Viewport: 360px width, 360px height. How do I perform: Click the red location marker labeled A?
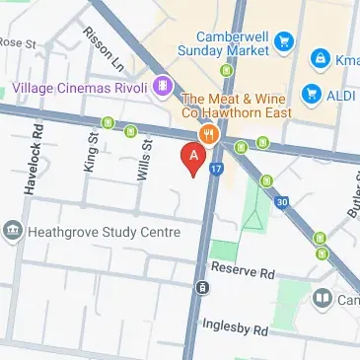(x=193, y=157)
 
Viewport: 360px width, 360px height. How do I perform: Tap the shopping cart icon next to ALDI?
(x=312, y=96)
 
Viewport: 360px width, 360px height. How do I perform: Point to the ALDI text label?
(x=341, y=96)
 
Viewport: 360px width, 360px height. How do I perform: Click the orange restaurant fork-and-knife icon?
(x=208, y=134)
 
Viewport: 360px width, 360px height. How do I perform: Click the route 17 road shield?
(x=216, y=169)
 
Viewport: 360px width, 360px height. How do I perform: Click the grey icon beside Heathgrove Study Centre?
(x=13, y=232)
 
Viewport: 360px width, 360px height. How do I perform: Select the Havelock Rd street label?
(x=36, y=159)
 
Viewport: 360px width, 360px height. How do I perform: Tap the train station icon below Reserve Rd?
(x=201, y=288)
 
